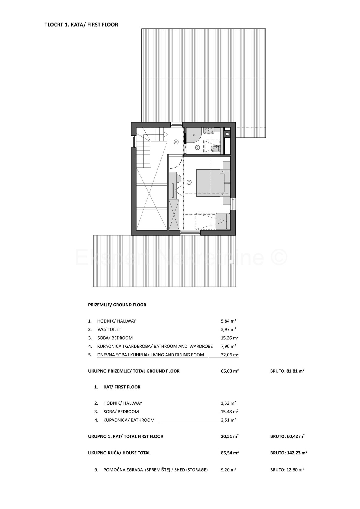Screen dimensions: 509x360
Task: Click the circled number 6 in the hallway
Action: (176, 142)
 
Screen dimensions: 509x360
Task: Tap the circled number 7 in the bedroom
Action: (189, 182)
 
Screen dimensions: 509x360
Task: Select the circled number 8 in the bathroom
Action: (197, 147)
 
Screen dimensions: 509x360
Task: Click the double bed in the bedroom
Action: (210, 183)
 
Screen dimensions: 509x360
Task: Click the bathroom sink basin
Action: (208, 131)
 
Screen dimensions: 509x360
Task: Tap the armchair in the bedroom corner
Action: (223, 221)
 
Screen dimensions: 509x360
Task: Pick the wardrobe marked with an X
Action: (174, 214)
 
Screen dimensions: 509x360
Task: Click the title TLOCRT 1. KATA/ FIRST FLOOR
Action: (81, 25)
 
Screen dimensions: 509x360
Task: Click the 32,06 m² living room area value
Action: (229, 355)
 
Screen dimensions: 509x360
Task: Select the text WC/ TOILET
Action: (109, 329)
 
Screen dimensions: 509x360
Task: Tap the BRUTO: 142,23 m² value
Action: (289, 453)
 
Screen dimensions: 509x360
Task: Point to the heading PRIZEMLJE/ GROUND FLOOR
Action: (117, 305)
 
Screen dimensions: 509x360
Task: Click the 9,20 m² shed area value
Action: (228, 470)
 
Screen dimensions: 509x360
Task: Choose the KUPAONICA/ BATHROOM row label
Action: (129, 420)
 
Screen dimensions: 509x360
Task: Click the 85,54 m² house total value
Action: (229, 453)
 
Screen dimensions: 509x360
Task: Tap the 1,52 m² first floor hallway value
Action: (228, 403)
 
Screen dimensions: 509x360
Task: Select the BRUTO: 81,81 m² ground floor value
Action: (287, 371)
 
